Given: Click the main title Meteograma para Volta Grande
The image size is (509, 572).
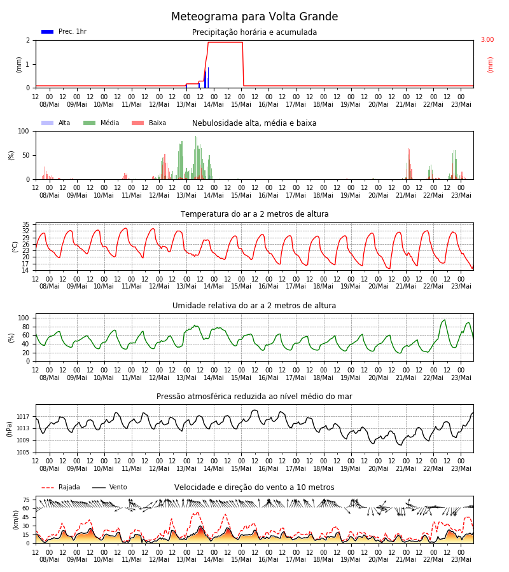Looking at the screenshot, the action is click(254, 17).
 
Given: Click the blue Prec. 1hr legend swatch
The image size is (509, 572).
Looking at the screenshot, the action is click(48, 32).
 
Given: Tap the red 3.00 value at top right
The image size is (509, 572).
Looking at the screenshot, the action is click(487, 39).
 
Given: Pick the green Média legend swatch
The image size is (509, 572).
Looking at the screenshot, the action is click(89, 123).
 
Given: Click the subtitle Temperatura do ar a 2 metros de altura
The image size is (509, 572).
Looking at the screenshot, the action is click(254, 214).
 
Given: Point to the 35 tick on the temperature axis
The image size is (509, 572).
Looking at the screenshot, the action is click(25, 224).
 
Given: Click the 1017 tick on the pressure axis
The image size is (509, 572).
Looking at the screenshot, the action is click(23, 416).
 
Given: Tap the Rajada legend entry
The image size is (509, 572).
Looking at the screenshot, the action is click(60, 487).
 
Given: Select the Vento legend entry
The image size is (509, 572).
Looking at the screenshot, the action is click(109, 487).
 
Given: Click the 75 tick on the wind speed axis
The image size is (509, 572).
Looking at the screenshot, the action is click(25, 500).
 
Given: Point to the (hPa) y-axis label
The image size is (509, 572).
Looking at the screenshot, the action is click(9, 429).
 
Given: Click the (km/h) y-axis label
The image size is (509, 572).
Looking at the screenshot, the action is click(15, 520).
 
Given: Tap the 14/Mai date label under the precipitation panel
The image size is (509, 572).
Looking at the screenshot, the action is click(214, 104).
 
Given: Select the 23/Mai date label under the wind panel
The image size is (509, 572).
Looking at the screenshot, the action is click(461, 559).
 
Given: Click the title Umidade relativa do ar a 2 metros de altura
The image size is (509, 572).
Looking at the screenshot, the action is click(254, 305).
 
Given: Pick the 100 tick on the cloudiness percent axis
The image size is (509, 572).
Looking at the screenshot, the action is click(24, 131).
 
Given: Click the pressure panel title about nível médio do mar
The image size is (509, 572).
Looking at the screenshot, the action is click(254, 396).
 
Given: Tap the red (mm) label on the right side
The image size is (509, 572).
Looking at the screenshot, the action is click(491, 65).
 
